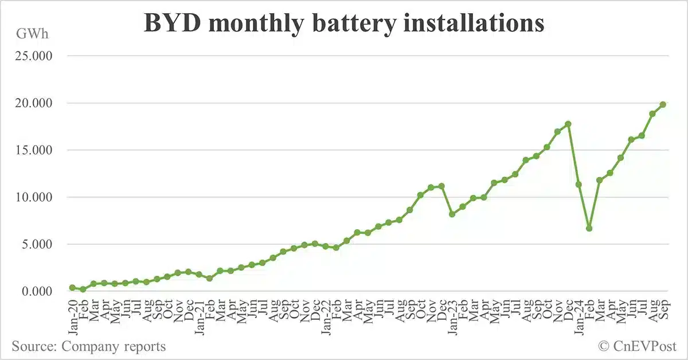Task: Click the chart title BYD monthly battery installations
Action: [x=344, y=24]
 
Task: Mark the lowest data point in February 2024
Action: [x=589, y=228]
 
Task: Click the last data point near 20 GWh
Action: [x=663, y=104]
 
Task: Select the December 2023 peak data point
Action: [x=568, y=124]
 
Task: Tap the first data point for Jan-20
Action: [x=72, y=288]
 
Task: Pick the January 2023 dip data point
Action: [x=452, y=214]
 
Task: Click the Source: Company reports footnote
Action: [x=89, y=346]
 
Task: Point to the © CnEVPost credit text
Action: [x=638, y=346]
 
